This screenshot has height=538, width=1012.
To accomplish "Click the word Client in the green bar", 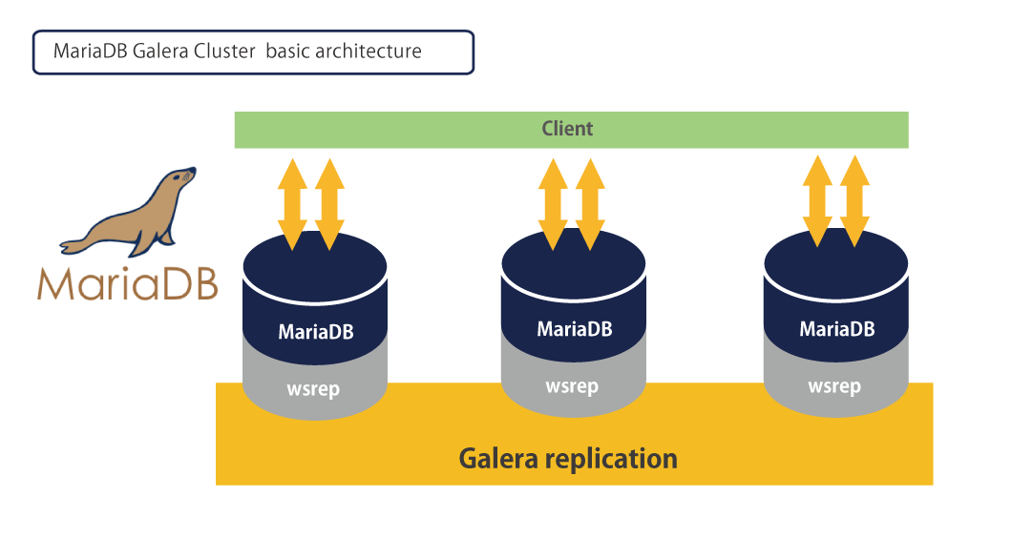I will (x=567, y=129).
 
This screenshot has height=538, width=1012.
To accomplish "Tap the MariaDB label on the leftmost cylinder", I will (x=315, y=332).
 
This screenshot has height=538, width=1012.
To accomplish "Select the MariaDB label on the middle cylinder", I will (x=574, y=329).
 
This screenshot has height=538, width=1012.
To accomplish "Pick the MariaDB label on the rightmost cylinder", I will (x=836, y=329).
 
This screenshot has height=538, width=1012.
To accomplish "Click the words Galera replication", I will (x=568, y=458).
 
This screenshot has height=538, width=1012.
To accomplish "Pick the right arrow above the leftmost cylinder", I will (x=328, y=204).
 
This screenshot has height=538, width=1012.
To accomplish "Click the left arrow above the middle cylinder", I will (x=553, y=204).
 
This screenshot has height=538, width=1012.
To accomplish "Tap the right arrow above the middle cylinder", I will (x=590, y=204).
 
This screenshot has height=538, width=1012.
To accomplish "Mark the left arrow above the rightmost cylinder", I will (x=816, y=200).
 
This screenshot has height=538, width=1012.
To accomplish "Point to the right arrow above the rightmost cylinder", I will (x=854, y=200).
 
